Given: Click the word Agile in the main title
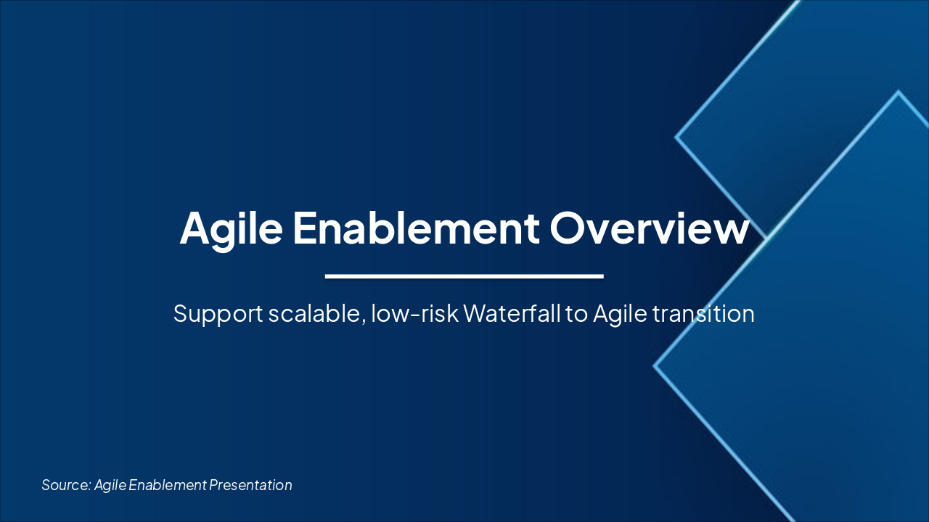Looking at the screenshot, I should coord(232,228).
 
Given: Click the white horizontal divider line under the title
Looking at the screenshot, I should coord(464,276).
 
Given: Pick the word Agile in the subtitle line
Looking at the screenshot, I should coord(620,314).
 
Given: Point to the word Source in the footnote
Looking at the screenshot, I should coord(65,485).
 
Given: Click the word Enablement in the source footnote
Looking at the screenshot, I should coord(167,485).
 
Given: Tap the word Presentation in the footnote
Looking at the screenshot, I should coord(251,485).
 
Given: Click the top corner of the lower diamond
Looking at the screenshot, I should coord(899,92).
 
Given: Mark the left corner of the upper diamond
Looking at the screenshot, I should coord(676,136).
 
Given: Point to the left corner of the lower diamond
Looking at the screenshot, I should coord(655,366).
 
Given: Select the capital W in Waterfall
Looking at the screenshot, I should coord(475,314).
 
